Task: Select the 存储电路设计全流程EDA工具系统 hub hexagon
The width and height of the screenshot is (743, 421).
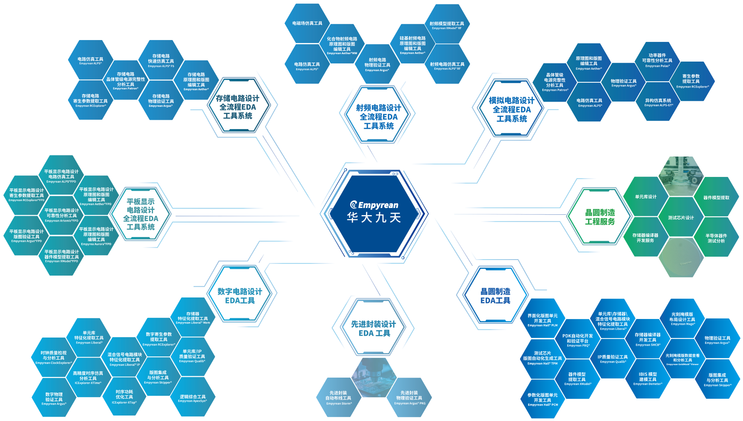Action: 238,107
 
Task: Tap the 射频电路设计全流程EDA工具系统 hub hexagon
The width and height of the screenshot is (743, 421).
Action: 378,116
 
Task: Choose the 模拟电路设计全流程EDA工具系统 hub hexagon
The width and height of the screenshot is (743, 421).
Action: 512,109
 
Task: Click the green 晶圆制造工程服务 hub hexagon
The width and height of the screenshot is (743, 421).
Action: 600,217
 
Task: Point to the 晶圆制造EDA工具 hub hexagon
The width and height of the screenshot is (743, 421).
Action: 495,296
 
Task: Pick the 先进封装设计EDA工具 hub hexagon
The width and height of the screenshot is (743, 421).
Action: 374,328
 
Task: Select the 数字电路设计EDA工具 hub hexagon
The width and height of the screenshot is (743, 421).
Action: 240,296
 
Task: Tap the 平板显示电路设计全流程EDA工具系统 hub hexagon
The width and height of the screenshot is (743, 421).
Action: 140,214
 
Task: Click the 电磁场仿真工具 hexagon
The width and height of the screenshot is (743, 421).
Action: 307,23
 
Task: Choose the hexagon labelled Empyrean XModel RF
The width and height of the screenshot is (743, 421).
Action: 447,25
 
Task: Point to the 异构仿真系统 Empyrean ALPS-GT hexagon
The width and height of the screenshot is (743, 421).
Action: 658,102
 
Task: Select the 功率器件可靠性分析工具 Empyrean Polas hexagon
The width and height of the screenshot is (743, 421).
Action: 657,60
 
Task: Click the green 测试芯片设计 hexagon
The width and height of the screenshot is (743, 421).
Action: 681,217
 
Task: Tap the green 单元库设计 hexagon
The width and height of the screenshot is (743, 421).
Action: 646,197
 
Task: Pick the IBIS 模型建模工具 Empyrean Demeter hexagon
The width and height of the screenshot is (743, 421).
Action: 648,379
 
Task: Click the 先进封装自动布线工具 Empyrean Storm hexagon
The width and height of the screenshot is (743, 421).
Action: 338,398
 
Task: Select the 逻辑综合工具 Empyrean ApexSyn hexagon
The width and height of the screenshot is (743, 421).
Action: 192,398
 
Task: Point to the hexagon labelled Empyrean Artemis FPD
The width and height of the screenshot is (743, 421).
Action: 62,215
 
